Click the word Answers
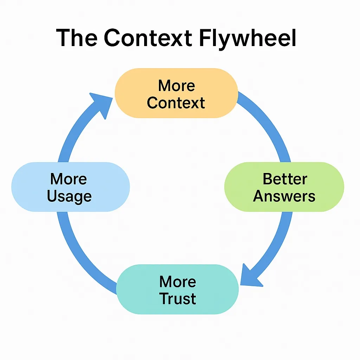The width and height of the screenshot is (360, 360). [284, 196]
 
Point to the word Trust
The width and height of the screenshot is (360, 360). [178, 298]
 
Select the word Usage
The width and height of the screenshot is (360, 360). [69, 196]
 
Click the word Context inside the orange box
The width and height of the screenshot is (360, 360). [176, 103]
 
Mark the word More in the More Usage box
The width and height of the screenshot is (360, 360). [69, 179]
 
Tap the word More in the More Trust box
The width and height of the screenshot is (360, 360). [178, 282]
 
